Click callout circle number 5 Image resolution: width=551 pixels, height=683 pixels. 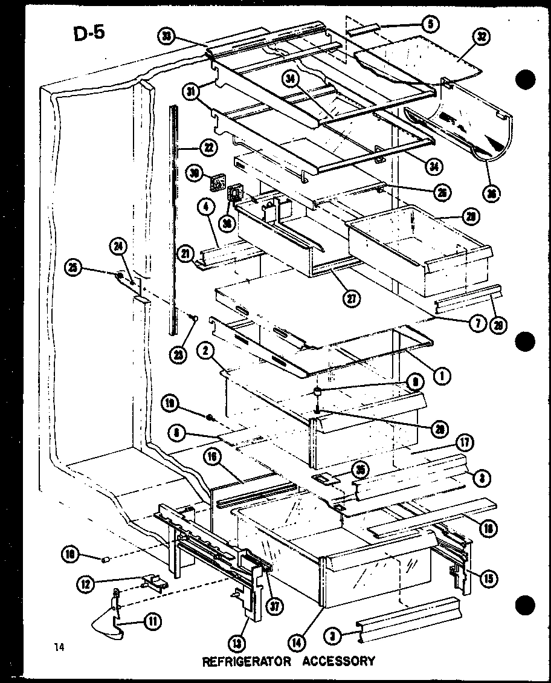pyautogui.click(x=430, y=24)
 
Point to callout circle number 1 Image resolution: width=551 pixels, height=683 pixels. pyautogui.click(x=442, y=376)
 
